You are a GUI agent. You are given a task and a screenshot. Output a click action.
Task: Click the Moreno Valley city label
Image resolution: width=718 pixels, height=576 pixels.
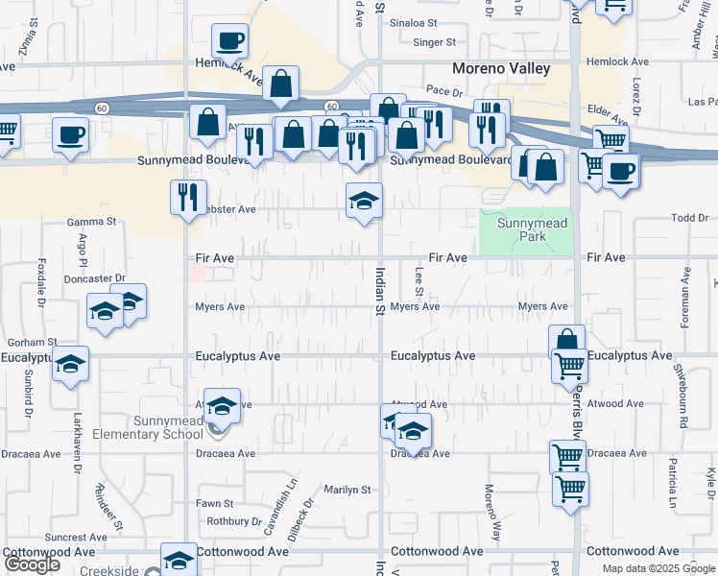[502, 69]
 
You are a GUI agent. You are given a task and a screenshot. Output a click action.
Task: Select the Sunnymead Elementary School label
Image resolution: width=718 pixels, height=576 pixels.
[148, 427]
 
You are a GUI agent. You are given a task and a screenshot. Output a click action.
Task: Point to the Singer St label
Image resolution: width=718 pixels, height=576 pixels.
[434, 42]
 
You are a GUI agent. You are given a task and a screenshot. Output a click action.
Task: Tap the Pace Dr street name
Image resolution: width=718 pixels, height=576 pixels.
[443, 90]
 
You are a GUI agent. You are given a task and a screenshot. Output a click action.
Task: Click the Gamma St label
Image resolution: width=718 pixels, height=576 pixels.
[91, 222]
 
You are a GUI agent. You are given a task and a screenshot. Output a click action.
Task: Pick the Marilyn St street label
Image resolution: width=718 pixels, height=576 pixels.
[347, 490]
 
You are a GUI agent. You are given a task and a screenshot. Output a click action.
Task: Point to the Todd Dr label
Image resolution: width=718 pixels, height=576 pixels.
[689, 218]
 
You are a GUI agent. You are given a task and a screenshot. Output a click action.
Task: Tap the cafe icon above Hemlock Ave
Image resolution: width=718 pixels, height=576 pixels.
[229, 41]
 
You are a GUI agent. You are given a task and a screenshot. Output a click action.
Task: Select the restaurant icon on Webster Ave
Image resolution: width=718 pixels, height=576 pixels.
[188, 197]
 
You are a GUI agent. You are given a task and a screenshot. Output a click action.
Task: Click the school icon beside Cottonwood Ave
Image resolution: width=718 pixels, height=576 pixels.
[179, 559]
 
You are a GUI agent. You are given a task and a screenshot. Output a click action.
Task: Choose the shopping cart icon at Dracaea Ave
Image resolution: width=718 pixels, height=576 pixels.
[567, 456]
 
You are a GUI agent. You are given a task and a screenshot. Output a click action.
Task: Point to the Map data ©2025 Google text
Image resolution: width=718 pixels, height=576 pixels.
[658, 568]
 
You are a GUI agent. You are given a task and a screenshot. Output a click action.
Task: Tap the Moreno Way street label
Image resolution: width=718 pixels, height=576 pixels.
[491, 523]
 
